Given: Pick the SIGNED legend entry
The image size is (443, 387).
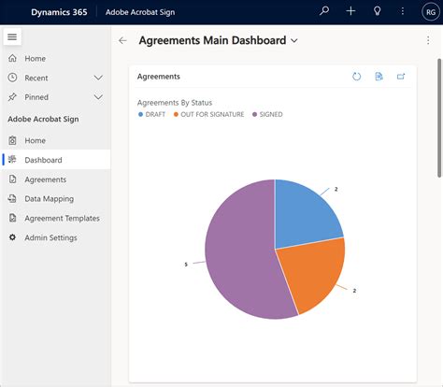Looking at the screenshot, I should tap(268, 114).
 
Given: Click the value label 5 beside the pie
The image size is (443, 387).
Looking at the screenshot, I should tap(186, 265).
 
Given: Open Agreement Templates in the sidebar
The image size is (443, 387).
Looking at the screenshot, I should tap(62, 218).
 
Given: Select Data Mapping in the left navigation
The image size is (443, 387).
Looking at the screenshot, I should tap(49, 198).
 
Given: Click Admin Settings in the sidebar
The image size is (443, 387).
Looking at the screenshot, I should tap(50, 237).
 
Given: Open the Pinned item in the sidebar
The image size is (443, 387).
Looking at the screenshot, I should tap(36, 96).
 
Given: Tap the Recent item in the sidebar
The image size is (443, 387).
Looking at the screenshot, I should tap(36, 78).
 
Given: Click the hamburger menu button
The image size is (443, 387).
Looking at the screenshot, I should tap(12, 36).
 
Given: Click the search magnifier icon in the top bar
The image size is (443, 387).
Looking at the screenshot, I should tap(324, 11).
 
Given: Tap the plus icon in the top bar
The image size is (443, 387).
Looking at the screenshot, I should tap(350, 11).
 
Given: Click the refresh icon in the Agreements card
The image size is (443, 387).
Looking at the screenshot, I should tap(356, 76).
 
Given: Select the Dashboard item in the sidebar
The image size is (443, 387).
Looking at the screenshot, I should tap(43, 160).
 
